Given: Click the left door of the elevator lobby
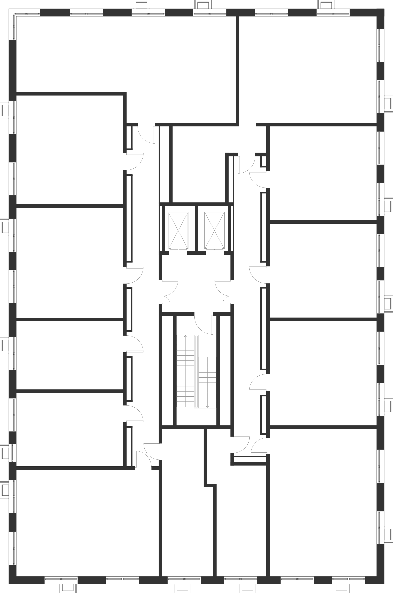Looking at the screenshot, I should pyautogui.click(x=170, y=292).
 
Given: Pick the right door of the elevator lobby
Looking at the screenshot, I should pyautogui.click(x=223, y=292).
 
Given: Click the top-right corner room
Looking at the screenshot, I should pyautogui.click(x=308, y=70).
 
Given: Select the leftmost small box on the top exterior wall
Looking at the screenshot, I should pyautogui.click(x=142, y=5).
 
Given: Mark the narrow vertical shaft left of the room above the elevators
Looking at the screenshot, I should pyautogui.click(x=165, y=164).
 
